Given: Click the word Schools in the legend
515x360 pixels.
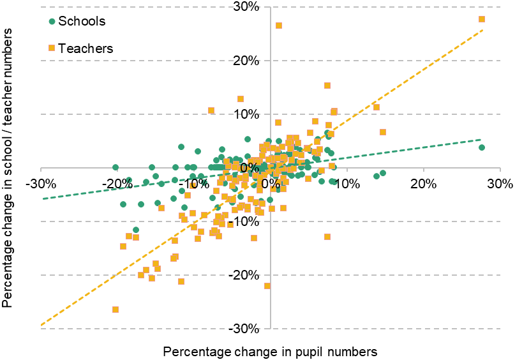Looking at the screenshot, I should tap(82, 21).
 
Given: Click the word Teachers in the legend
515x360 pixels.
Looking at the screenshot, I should tap(86, 49).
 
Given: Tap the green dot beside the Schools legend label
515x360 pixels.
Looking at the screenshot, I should tap(52, 21).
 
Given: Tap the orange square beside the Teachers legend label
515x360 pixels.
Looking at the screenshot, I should tap(52, 48).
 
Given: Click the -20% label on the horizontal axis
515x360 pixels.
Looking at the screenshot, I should tap(118, 184).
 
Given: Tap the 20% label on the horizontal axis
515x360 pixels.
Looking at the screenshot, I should tap(422, 184).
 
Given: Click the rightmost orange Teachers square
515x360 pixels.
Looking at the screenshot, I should tap(482, 19).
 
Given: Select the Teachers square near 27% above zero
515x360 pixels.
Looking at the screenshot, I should tap(279, 26).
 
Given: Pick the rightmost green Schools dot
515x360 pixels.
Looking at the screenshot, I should tap(482, 147).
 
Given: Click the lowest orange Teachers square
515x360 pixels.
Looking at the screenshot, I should tap(116, 310).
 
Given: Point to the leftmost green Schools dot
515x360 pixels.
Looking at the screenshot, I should tap(116, 167).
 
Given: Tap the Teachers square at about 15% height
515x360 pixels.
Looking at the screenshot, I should tap(327, 86).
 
